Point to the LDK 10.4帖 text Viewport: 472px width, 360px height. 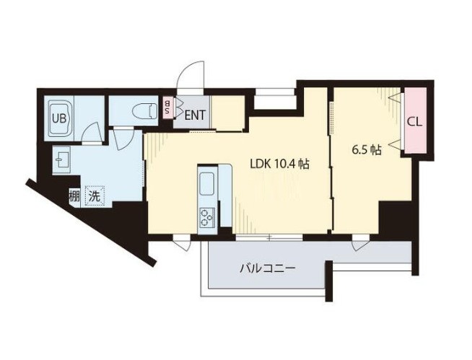pos(279,164)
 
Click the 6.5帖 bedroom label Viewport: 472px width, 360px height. pos(367,151)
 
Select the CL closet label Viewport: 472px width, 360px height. pos(414,121)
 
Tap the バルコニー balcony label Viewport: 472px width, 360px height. pos(268,269)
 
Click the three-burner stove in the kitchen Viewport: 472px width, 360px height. pos(208,216)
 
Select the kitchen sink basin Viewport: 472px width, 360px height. pos(206,185)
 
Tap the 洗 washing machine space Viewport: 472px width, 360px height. pos(94,194)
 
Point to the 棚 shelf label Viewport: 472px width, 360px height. pos(74,194)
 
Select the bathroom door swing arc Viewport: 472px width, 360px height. pos(91,134)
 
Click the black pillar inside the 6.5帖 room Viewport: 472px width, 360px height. pos(394,217)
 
